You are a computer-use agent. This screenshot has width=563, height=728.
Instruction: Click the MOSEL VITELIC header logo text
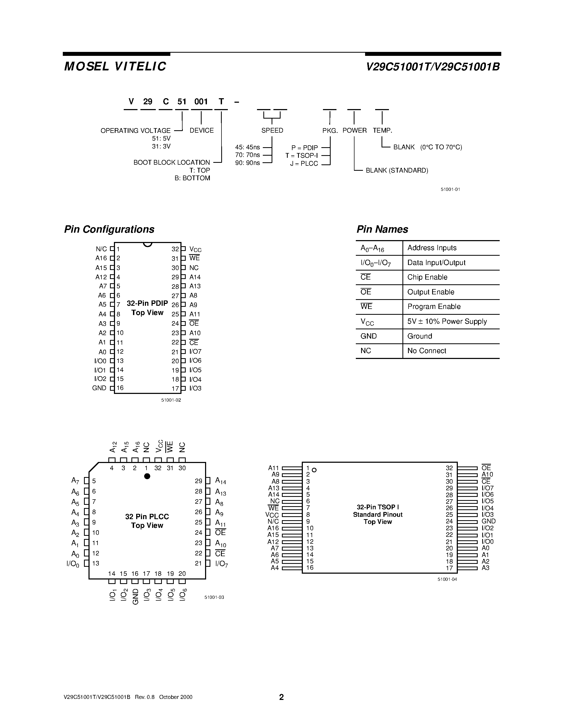tap(115, 66)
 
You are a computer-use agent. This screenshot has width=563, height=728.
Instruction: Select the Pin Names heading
tap(382, 229)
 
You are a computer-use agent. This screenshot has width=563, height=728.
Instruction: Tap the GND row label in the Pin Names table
tap(369, 336)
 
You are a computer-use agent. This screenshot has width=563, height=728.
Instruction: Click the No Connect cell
tap(427, 351)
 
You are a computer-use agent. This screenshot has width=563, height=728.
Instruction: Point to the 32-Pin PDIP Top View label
tap(147, 308)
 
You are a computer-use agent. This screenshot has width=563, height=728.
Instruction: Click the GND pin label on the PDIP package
tap(99, 388)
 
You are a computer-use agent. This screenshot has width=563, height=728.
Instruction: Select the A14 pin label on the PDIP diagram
tap(195, 277)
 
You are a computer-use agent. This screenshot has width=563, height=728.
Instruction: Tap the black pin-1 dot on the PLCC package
tap(147, 476)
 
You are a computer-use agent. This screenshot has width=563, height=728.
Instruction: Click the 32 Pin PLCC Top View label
tap(147, 521)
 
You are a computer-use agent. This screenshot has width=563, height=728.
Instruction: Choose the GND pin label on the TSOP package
tap(489, 521)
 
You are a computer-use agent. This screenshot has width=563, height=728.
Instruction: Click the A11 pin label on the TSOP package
tap(273, 468)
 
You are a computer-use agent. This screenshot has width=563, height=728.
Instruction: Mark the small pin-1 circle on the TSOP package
tap(314, 470)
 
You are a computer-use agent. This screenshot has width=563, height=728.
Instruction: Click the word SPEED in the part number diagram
tap(272, 130)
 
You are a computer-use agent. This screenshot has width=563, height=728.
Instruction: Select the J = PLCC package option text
tap(304, 163)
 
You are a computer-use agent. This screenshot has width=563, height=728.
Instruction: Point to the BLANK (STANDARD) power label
tap(397, 170)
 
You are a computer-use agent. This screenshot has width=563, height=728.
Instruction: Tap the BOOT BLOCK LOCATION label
tap(171, 162)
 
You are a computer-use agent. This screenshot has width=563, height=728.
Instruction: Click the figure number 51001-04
tap(447, 579)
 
